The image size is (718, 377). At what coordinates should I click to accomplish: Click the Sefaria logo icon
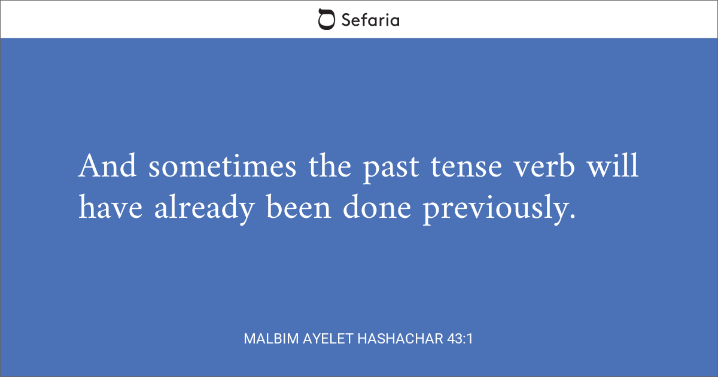327,20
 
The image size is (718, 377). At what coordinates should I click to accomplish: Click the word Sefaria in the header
370,20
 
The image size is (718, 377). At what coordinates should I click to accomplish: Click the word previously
492,209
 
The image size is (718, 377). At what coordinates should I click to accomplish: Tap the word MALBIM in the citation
269,339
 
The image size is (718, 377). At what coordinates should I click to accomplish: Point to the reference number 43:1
460,339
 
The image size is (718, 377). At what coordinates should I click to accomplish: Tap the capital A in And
88,166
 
